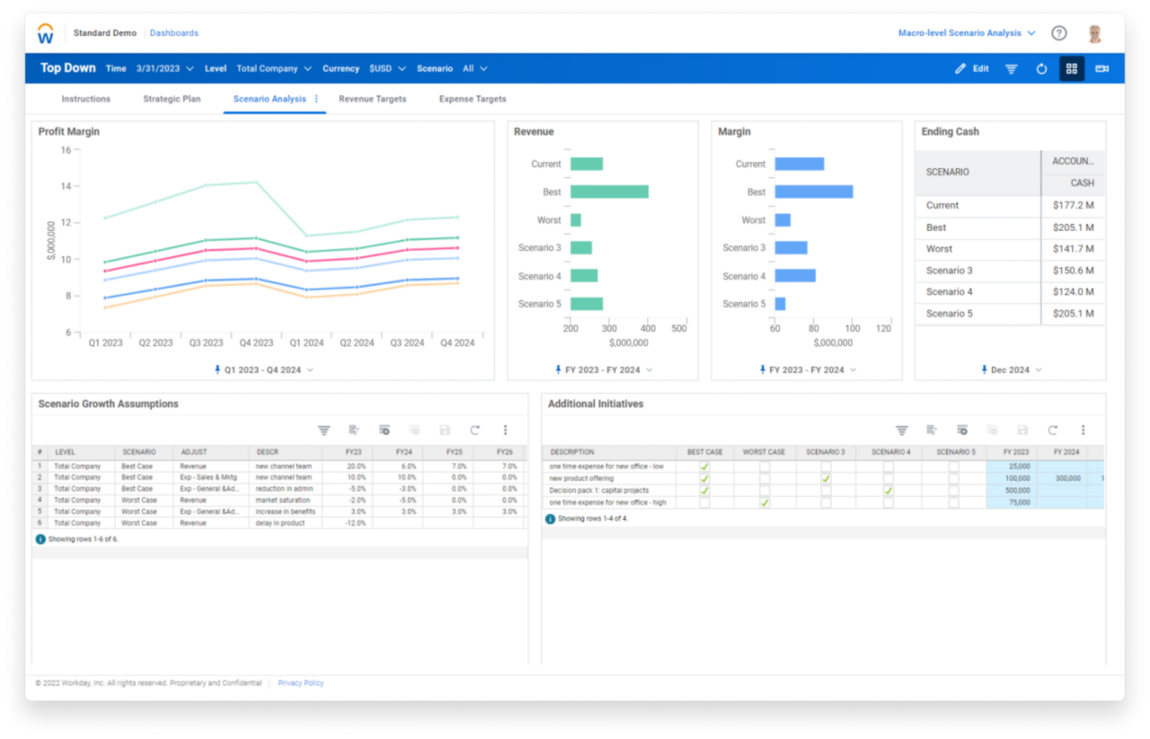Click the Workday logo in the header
pyautogui.click(x=46, y=34)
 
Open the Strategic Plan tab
pyautogui.click(x=172, y=99)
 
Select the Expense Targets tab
pyautogui.click(x=473, y=99)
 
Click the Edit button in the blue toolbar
pyautogui.click(x=972, y=68)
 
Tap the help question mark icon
pyautogui.click(x=1059, y=33)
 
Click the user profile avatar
pyautogui.click(x=1094, y=34)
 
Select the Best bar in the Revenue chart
pyautogui.click(x=609, y=191)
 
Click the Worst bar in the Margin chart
pyautogui.click(x=782, y=220)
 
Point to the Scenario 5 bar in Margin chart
pyautogui.click(x=780, y=304)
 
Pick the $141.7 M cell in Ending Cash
pyautogui.click(x=1074, y=249)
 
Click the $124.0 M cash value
pyautogui.click(x=1074, y=292)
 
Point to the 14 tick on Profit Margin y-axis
pyautogui.click(x=66, y=186)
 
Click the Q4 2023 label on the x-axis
pyautogui.click(x=256, y=343)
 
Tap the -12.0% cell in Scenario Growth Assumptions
pyautogui.click(x=346, y=523)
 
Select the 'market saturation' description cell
pyautogui.click(x=285, y=500)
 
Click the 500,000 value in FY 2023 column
pyautogui.click(x=1012, y=491)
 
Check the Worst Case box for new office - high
pyautogui.click(x=765, y=503)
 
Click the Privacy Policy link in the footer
pyautogui.click(x=301, y=683)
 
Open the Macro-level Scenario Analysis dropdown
pyautogui.click(x=967, y=33)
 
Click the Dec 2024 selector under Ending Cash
pyautogui.click(x=1011, y=370)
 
